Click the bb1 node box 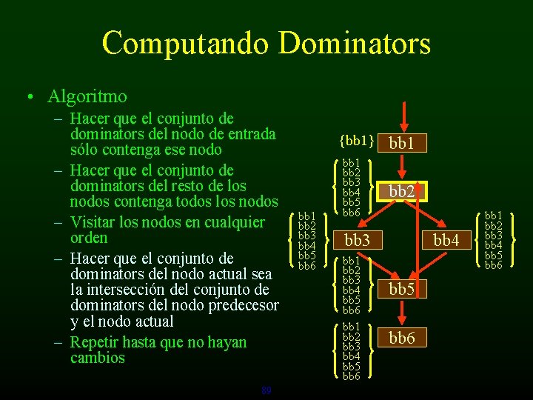pyautogui.click(x=402, y=142)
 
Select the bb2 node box pyautogui.click(x=402, y=191)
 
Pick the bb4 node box pyautogui.click(x=446, y=240)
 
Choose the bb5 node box pyautogui.click(x=402, y=289)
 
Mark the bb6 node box pyautogui.click(x=402, y=339)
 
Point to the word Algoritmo pyautogui.click(x=87, y=96)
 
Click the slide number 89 pyautogui.click(x=266, y=390)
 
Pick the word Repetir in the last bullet pyautogui.click(x=93, y=342)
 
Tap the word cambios pyautogui.click(x=98, y=358)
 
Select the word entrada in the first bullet pyautogui.click(x=250, y=133)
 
